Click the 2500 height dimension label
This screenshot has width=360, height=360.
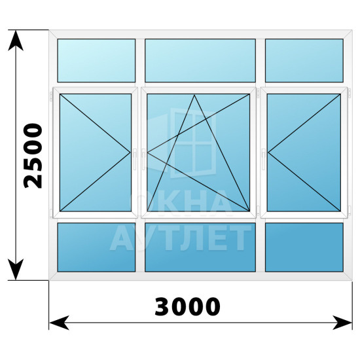tap(33, 156)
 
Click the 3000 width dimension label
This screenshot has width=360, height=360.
tap(188, 307)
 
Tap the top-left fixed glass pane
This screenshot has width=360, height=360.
tap(96, 60)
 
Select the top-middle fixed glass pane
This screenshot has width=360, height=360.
tap(200, 60)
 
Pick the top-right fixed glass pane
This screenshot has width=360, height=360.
tap(304, 60)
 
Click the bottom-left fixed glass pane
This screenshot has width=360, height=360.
tap(96, 247)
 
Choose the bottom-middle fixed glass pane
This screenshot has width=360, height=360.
tap(200, 247)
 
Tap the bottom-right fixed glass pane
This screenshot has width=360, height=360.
tap(304, 247)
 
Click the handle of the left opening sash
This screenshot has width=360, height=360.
tap(135, 159)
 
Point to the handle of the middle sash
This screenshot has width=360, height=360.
tap(143, 159)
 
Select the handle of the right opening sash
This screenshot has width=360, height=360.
tap(263, 159)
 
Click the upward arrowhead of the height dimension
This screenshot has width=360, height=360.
tap(16, 41)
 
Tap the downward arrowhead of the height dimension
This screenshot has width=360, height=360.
tap(16, 270)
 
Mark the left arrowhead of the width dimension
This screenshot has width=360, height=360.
tap(59, 323)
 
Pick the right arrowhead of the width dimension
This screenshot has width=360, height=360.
tap(342, 323)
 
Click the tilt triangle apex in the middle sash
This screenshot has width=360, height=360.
tap(194, 95)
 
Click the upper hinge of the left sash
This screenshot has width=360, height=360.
tap(51, 96)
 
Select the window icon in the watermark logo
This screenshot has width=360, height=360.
tap(182, 143)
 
